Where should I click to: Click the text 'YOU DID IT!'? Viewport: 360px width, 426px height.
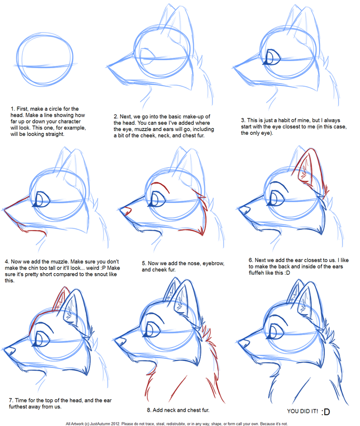(x=302, y=411)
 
